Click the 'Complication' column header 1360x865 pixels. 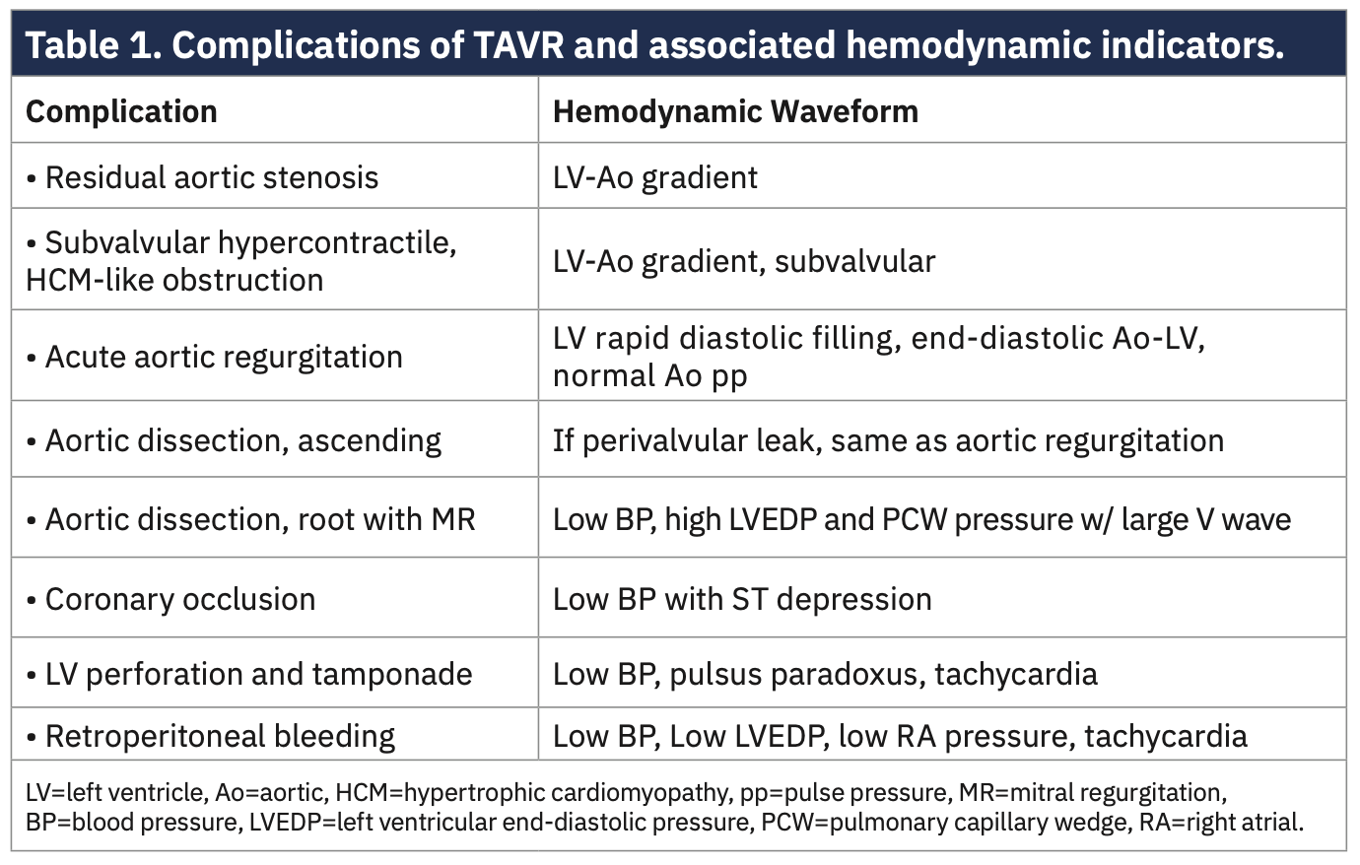coord(121,111)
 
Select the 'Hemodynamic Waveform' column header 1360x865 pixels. coord(735,111)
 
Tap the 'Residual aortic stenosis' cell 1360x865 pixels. coord(211,177)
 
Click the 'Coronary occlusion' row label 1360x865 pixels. coord(179,599)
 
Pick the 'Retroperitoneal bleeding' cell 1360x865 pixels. coord(219,736)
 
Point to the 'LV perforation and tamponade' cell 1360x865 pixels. coord(258,674)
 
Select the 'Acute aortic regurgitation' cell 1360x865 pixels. coord(223,357)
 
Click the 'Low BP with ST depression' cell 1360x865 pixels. coord(742,599)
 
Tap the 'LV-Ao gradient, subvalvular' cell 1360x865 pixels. coord(744,261)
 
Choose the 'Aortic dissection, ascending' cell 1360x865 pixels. coord(242,440)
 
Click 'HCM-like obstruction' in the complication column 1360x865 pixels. coord(174,280)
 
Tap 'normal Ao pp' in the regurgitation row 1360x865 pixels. coord(649,375)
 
